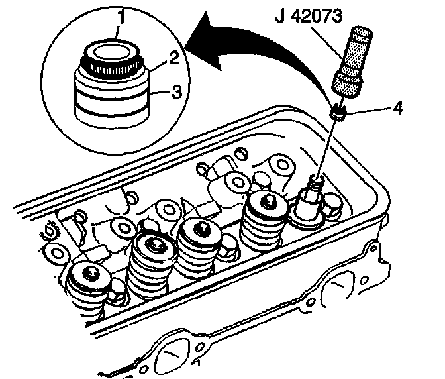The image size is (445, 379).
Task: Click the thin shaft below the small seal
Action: [x=327, y=146]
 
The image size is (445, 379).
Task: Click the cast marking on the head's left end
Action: [x=50, y=233]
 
